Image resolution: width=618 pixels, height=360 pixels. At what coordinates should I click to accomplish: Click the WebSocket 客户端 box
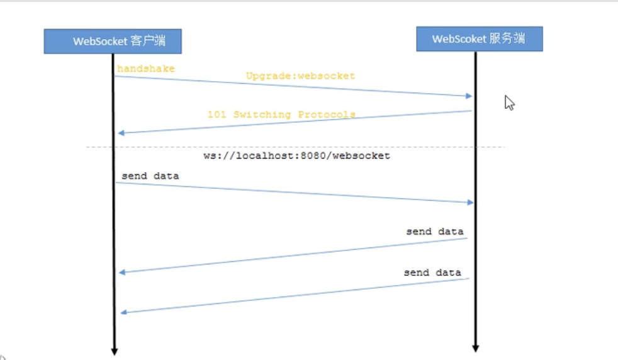click(113, 42)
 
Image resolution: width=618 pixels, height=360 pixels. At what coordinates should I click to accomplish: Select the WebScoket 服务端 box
click(479, 39)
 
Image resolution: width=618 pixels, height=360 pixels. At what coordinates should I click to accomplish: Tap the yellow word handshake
click(145, 68)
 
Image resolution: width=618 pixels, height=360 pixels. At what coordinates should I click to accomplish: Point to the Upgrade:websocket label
click(300, 76)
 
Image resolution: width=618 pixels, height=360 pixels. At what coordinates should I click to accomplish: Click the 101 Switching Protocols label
click(281, 115)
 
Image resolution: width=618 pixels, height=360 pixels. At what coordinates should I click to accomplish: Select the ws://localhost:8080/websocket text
click(296, 155)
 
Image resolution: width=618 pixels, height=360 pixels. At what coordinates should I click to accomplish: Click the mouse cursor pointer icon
click(509, 103)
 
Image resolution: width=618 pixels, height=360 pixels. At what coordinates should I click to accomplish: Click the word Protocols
click(327, 115)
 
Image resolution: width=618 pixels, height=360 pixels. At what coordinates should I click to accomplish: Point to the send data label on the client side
click(150, 176)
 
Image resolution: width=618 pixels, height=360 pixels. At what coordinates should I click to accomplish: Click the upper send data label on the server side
click(435, 232)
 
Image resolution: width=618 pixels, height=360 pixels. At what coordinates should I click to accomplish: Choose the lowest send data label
click(432, 273)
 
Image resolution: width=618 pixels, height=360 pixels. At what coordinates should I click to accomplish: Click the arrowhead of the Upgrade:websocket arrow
click(469, 96)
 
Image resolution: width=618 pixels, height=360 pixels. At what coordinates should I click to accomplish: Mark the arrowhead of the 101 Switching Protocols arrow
click(121, 133)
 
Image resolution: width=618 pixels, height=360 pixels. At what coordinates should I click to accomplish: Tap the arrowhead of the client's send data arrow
click(469, 202)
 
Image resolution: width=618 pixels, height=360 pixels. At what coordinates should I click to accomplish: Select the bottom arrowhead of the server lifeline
click(476, 348)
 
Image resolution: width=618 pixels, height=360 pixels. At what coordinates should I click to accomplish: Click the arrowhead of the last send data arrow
click(124, 312)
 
